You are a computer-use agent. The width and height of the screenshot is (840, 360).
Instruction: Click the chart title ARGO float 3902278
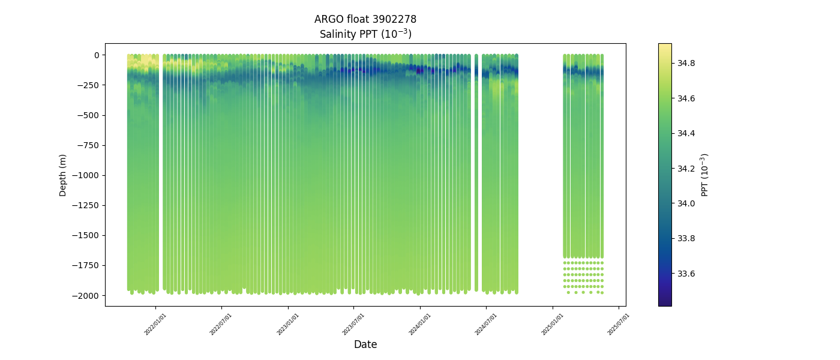click(365, 19)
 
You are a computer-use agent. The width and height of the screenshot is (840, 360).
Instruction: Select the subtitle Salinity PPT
click(365, 34)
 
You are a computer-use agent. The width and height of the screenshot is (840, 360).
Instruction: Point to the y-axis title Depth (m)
click(63, 175)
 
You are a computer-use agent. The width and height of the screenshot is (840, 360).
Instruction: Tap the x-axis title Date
click(365, 344)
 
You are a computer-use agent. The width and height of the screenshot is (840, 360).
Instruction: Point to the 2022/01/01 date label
click(155, 324)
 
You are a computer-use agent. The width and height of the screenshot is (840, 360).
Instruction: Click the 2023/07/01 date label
click(353, 324)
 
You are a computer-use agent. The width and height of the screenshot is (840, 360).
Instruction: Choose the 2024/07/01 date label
click(486, 324)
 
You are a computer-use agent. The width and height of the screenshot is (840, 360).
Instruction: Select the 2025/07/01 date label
click(619, 324)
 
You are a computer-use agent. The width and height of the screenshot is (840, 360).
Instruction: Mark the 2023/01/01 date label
click(287, 324)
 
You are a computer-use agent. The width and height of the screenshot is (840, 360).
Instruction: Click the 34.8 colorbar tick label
click(686, 63)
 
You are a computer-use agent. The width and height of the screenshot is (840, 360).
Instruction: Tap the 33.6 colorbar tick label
click(686, 274)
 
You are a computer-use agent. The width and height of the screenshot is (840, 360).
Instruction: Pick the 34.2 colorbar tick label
click(686, 169)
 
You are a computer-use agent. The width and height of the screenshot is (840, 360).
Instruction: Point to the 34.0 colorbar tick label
click(686, 203)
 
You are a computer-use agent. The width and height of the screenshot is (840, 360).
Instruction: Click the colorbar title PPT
click(705, 175)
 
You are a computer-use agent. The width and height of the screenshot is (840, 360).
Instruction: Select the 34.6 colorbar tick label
click(686, 98)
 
